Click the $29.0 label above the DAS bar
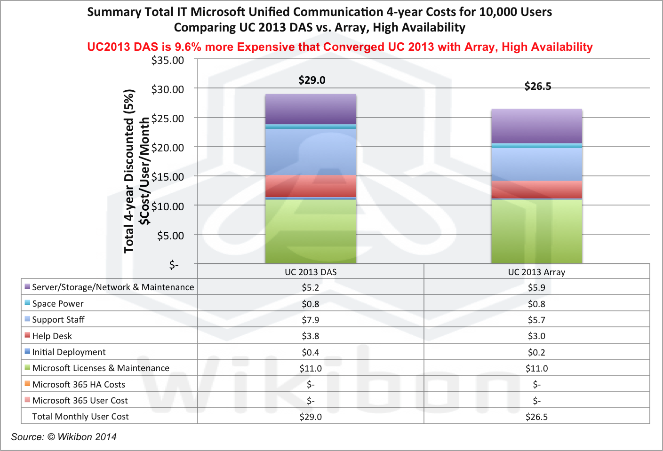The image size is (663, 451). point(312,80)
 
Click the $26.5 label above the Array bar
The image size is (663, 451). point(538,87)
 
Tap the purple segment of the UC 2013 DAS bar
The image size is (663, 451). point(311,109)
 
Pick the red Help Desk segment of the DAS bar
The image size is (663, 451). point(311,186)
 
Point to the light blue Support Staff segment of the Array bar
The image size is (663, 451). point(536,164)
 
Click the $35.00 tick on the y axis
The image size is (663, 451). point(168,61)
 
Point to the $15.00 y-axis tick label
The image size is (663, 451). point(168,177)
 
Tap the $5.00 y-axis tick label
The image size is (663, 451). point(170,236)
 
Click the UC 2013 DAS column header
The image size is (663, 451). point(311,272)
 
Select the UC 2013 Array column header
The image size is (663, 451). point(536,272)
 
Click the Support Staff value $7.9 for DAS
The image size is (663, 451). point(311,320)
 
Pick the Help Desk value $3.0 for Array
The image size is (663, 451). point(536,336)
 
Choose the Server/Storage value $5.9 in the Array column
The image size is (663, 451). point(536,288)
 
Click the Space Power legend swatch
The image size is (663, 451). point(27,303)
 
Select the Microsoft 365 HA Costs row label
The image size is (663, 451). point(79,385)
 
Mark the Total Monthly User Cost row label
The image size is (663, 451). point(80,417)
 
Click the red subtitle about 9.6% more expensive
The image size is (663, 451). point(340,47)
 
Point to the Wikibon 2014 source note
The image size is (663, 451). point(64,437)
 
